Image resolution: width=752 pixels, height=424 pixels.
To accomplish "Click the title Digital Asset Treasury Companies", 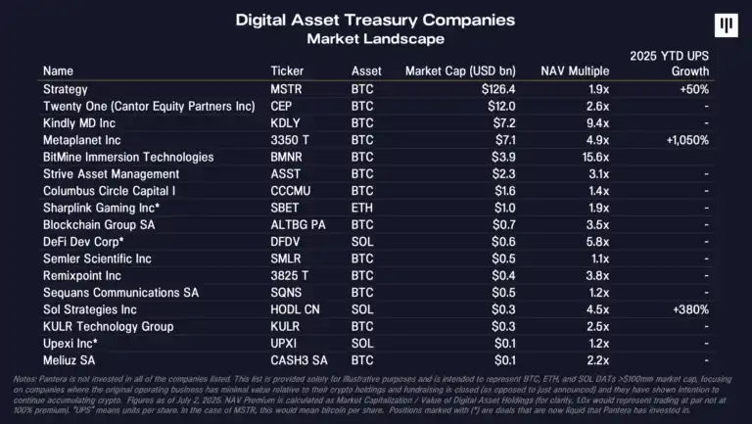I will click(x=375, y=21).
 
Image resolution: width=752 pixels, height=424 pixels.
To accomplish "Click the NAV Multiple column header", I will click(x=575, y=71).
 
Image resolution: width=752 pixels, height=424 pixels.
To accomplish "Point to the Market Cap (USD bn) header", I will click(x=459, y=71).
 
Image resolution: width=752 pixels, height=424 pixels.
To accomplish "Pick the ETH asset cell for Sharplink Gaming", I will click(x=362, y=208).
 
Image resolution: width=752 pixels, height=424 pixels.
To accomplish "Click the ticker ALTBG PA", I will click(x=299, y=224).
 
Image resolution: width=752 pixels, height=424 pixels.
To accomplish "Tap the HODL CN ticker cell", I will click(x=296, y=309).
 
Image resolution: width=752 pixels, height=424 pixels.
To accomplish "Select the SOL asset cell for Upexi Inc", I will click(x=362, y=344).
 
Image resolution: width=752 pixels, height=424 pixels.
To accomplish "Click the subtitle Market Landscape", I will click(x=375, y=39).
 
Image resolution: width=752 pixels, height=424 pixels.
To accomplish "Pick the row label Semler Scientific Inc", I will click(x=97, y=259).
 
